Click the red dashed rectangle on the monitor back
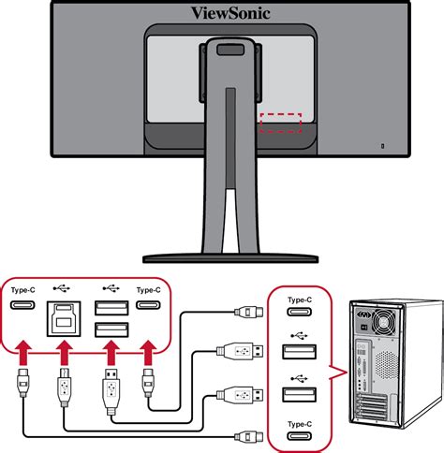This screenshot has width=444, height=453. coord(280,124)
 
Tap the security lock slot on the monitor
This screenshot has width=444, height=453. coord(381,146)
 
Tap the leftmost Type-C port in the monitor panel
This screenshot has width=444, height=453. coord(22,307)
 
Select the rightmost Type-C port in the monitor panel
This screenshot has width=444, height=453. coord(148,307)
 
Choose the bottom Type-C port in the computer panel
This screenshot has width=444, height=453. coord(299,436)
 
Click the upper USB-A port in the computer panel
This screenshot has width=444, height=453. coord(299,352)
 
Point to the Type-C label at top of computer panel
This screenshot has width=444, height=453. coord(299,300)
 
